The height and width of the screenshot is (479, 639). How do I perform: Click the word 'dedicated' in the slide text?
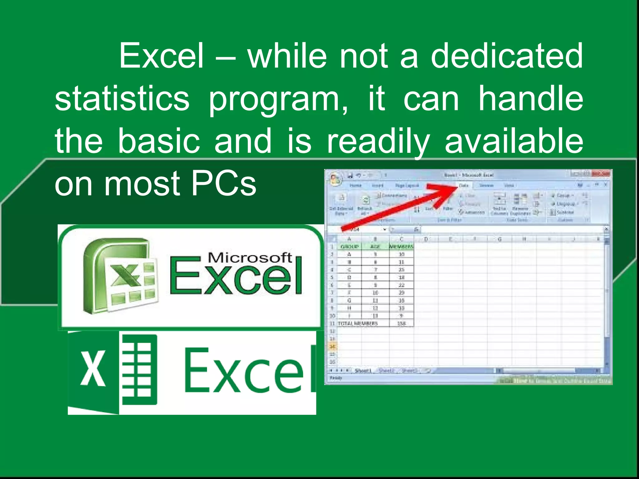pos(507,56)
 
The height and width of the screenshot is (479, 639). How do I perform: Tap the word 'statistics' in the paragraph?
pos(122,99)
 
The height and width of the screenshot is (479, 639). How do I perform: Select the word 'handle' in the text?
pos(531,99)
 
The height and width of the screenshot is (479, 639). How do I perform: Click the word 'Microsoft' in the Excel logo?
pos(250,258)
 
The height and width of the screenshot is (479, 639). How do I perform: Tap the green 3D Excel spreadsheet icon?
pos(120,276)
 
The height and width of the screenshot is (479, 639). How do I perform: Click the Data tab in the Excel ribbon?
pos(464,185)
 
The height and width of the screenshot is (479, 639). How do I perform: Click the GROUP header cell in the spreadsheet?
pos(349,247)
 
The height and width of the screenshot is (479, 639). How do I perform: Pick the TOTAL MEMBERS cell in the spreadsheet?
pos(358,323)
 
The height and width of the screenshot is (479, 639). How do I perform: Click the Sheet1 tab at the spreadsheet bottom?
pos(363,370)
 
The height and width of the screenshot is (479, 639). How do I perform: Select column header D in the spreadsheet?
pos(426,239)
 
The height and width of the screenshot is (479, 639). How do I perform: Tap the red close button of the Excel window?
pos(600,174)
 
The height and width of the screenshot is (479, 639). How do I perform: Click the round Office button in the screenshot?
pos(335,179)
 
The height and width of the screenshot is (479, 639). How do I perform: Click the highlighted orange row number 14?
pos(332,346)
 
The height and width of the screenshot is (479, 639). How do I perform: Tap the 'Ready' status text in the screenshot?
pos(336,378)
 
